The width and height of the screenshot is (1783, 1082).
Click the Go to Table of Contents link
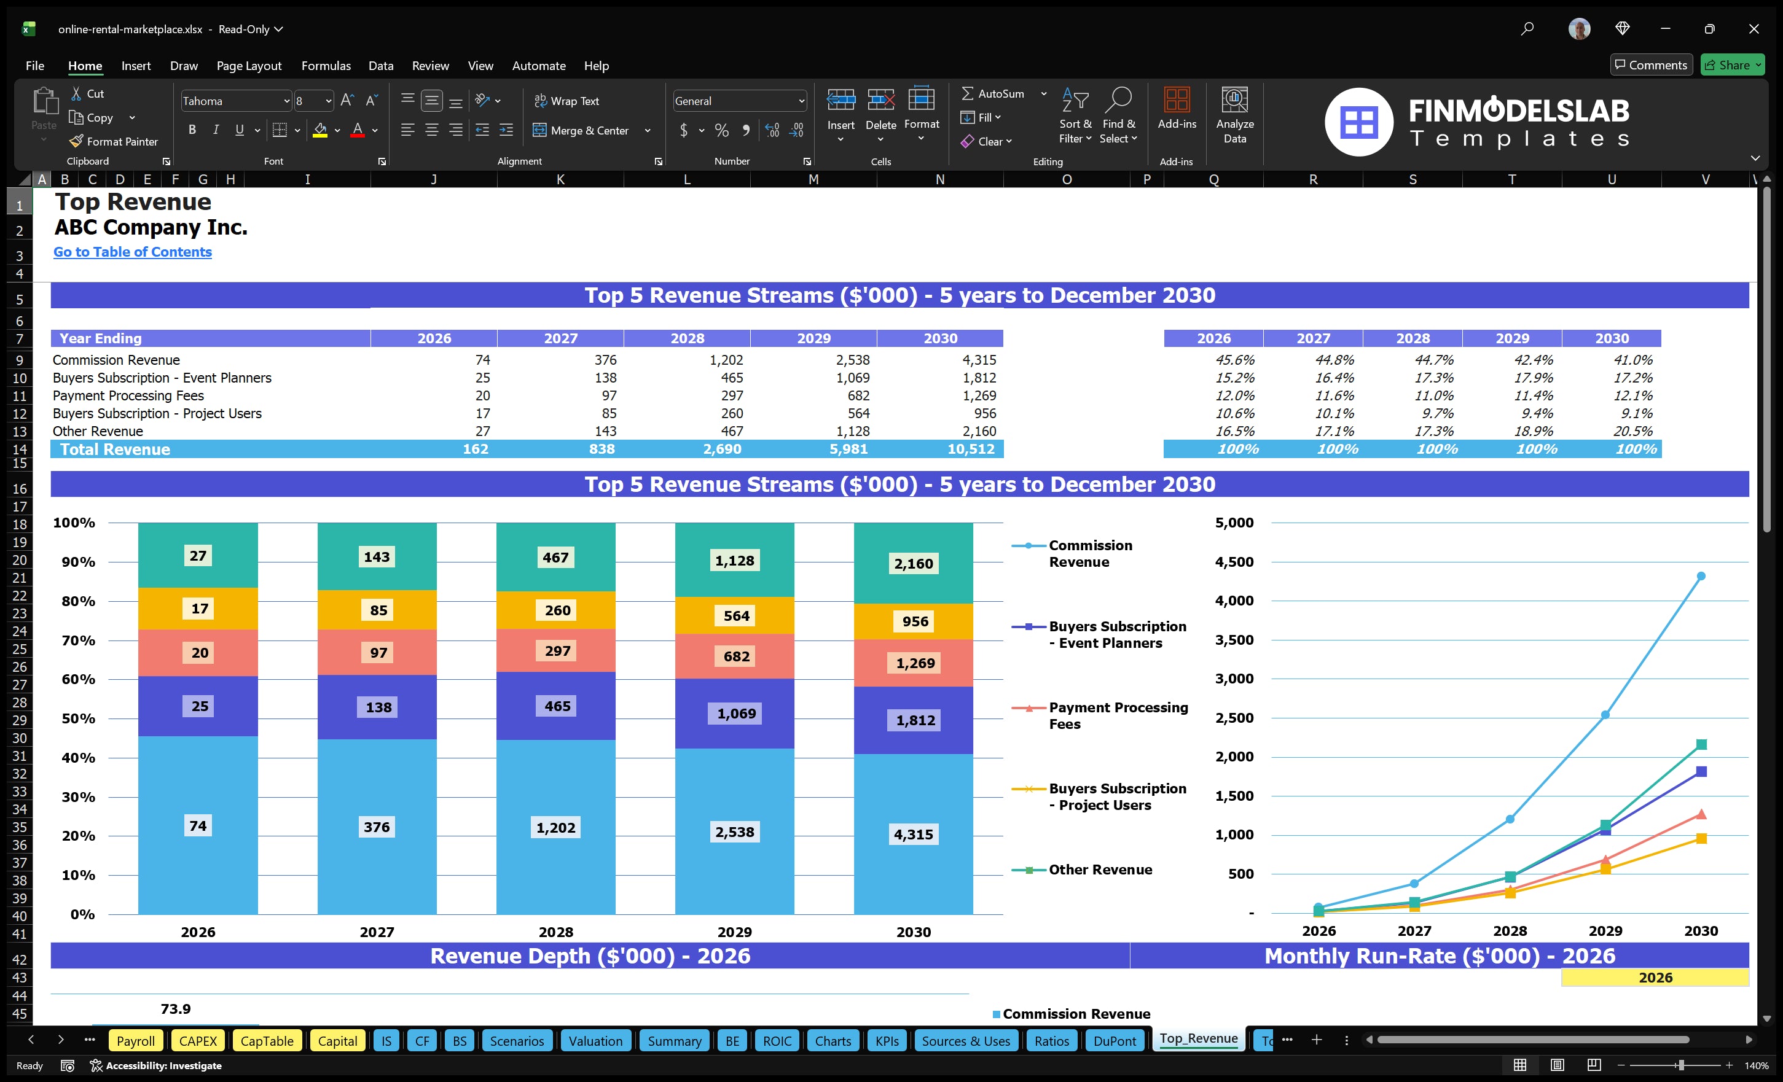tap(133, 252)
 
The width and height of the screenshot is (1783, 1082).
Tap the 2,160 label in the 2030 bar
tap(913, 564)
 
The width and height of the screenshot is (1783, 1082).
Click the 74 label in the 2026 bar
tap(198, 826)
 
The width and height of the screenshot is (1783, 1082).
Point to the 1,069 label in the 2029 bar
tap(736, 714)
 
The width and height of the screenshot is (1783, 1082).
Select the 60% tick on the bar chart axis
tap(78, 679)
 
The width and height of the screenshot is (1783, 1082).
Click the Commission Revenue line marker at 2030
tap(1701, 577)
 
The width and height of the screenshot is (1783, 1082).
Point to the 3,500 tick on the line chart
tap(1234, 640)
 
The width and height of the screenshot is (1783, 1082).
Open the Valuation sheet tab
tap(595, 1041)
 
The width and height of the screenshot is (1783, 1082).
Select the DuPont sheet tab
tap(1114, 1041)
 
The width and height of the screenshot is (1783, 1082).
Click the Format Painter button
tap(114, 142)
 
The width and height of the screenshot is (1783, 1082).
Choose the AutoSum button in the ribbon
tap(993, 94)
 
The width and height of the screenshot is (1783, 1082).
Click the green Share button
tap(1731, 65)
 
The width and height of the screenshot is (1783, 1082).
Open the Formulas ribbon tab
tap(326, 66)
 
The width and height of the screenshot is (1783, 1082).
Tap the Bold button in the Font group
tap(192, 130)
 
